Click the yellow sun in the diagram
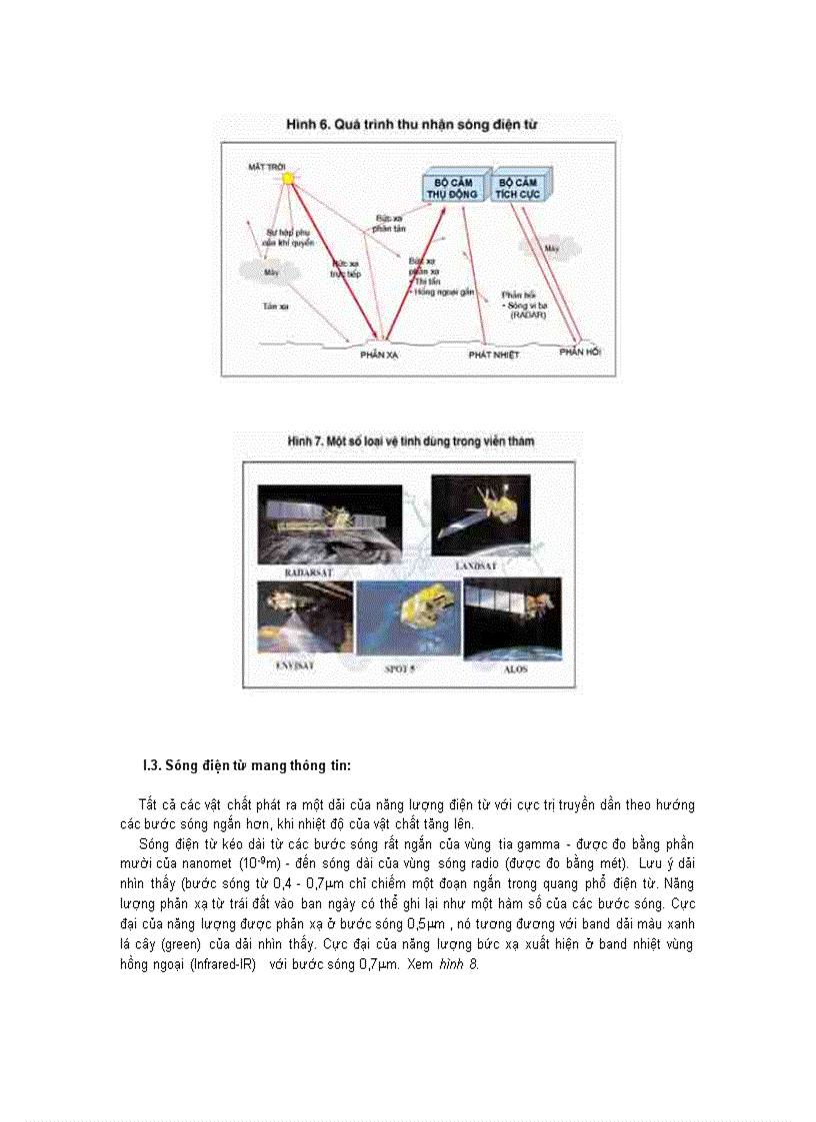288,178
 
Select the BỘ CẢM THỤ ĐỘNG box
450,188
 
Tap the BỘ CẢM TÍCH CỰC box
519,188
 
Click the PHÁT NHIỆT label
494,354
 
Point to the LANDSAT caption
482,566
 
